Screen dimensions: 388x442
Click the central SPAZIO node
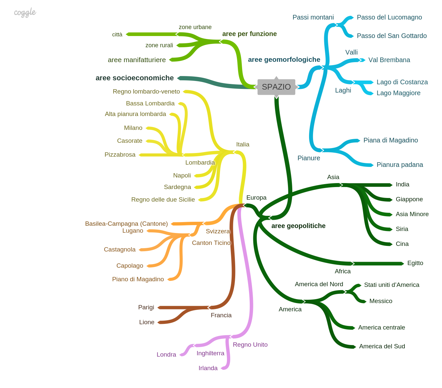point(276,87)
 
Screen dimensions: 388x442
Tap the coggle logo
point(25,13)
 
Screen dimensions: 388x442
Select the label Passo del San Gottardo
point(392,36)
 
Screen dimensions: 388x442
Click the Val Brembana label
point(389,60)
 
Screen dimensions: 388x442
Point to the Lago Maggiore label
point(398,93)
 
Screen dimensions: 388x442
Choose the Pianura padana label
point(399,165)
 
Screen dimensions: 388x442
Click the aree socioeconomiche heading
point(135,78)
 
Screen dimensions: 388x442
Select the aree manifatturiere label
point(137,60)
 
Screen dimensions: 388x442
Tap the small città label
point(117,34)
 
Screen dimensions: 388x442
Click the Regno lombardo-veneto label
point(146,92)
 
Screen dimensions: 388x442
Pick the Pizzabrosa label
point(120,155)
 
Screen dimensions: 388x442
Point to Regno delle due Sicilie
point(163,200)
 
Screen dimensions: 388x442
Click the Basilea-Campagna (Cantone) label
point(126,224)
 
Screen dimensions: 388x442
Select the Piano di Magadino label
point(138,279)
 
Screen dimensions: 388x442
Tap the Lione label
point(146,322)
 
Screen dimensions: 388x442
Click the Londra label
point(166,355)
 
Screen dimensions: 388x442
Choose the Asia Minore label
point(412,214)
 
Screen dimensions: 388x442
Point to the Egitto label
point(415,263)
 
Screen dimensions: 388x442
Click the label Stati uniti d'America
point(392,285)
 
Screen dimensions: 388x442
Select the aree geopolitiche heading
point(298,226)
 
